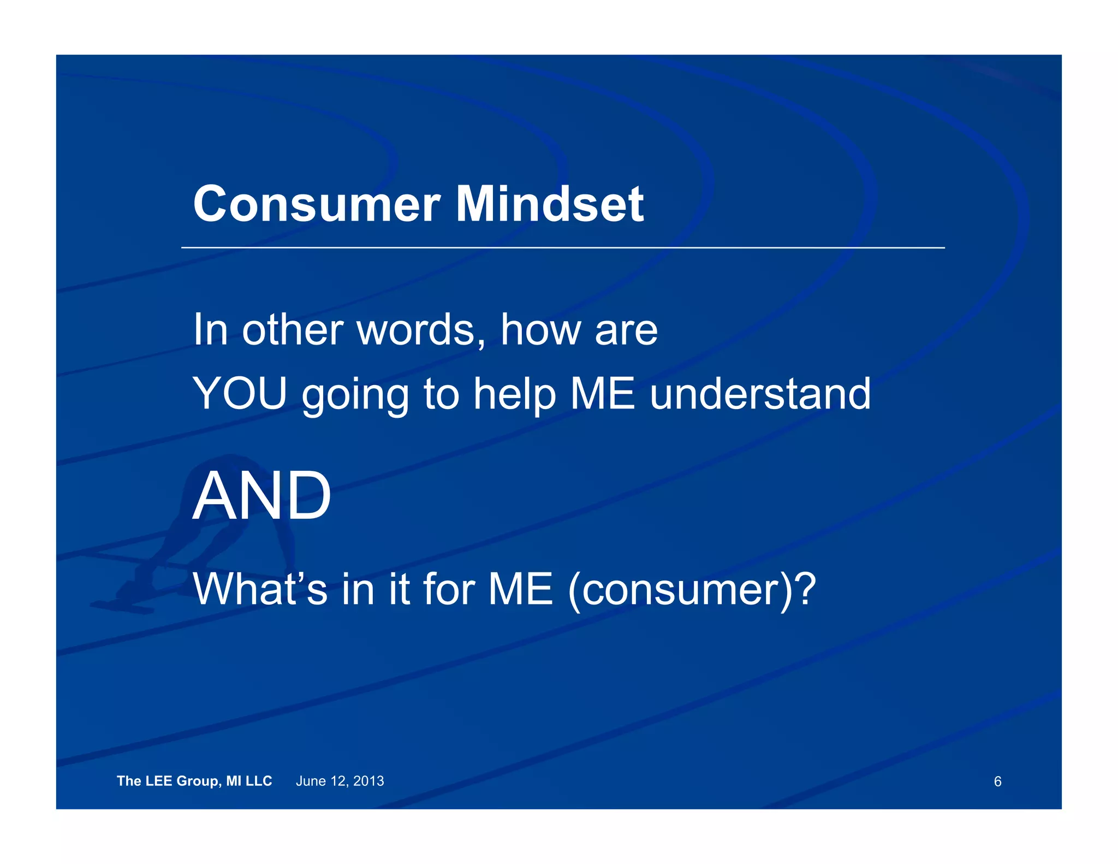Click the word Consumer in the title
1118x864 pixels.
tap(317, 204)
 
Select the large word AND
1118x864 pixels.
tap(262, 496)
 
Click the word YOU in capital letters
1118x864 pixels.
tap(240, 394)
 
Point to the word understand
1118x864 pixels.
tap(760, 394)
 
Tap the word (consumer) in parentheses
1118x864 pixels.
tap(677, 590)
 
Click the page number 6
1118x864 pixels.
tap(997, 782)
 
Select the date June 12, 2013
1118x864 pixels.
tap(340, 781)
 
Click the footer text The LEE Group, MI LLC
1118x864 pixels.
tap(194, 781)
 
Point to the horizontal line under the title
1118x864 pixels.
tap(562, 247)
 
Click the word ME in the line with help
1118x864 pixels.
tap(602, 394)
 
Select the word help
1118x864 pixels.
tap(514, 395)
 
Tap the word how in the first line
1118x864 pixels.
tap(541, 330)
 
